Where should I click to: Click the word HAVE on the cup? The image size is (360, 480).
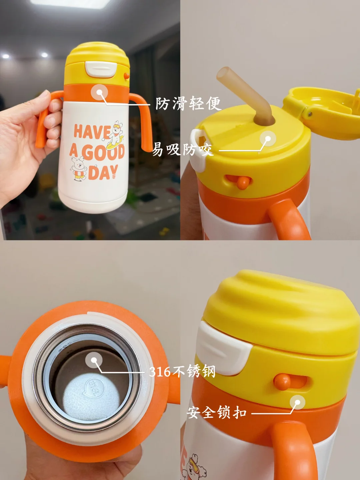pyautogui.click(x=92, y=131)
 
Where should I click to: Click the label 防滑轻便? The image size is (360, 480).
pyautogui.click(x=188, y=103)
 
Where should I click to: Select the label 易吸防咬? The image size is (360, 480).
pyautogui.click(x=183, y=149)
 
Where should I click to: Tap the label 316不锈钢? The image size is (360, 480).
pyautogui.click(x=182, y=372)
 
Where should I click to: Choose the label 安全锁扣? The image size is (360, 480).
pyautogui.click(x=216, y=412)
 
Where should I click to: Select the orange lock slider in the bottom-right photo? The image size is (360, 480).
pyautogui.click(x=282, y=382)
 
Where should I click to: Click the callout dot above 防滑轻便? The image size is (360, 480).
pyautogui.click(x=99, y=92)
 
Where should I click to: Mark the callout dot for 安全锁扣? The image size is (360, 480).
pyautogui.click(x=297, y=402)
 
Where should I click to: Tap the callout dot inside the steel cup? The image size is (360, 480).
pyautogui.click(x=94, y=360)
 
